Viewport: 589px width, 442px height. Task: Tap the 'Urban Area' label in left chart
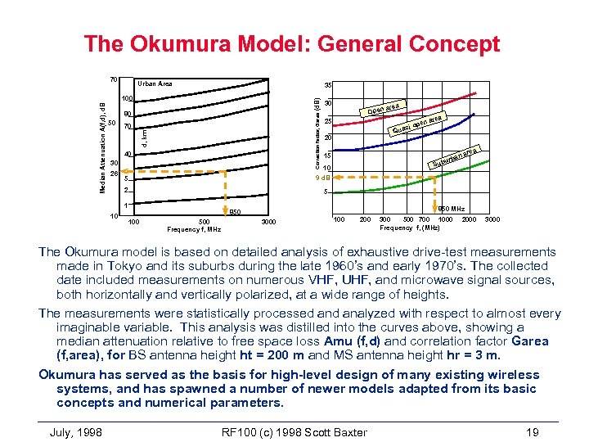click(155, 83)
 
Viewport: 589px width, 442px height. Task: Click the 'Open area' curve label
click(383, 109)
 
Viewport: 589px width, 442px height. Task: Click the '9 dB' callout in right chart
click(323, 178)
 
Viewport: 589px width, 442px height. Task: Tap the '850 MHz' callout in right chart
click(452, 210)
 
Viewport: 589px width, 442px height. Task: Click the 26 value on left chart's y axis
click(114, 174)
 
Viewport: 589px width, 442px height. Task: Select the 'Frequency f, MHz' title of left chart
click(194, 230)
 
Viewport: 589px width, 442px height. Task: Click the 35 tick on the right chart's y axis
click(326, 85)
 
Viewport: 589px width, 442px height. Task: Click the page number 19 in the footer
click(533, 431)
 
